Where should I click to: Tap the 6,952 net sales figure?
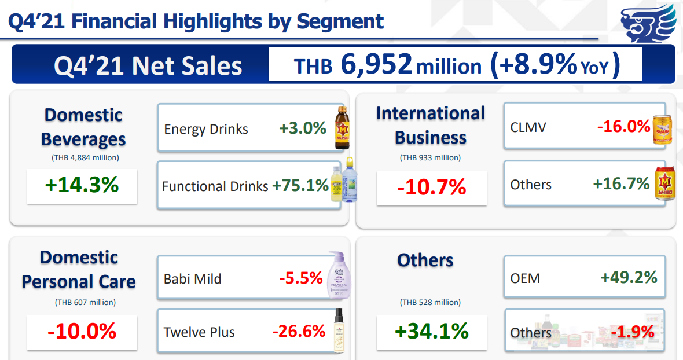coord(377,64)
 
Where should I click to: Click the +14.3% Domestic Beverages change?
coord(82,185)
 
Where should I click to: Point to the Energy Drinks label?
coord(205,128)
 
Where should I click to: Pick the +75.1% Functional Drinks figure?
coord(300,186)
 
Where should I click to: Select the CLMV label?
coord(528,127)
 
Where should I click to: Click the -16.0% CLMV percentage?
coord(623,126)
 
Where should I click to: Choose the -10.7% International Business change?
coord(432,187)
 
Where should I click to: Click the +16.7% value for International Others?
coord(621,184)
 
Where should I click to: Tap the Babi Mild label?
coord(193,279)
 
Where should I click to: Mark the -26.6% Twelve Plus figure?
coord(299,331)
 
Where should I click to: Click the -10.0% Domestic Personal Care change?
coord(82,331)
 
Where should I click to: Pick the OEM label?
coord(525,278)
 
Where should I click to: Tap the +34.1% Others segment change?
coord(432,331)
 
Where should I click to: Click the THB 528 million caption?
coord(430,302)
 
